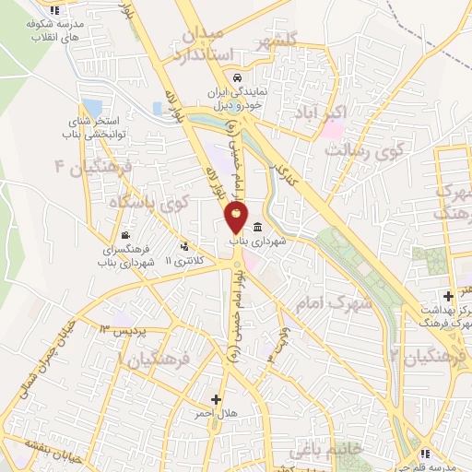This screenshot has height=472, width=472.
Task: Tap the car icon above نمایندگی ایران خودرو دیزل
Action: pos(239,77)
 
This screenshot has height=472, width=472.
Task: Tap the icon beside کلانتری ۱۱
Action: pos(187,246)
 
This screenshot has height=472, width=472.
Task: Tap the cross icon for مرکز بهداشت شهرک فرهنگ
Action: pos(447,296)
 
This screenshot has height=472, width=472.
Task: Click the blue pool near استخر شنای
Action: pos(91,108)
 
